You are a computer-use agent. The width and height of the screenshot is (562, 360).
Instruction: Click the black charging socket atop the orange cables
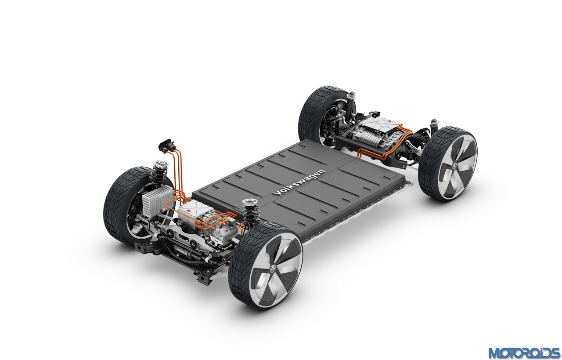pos(166,145)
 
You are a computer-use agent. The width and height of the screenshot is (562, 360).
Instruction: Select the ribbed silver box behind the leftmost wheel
pos(158,201)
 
